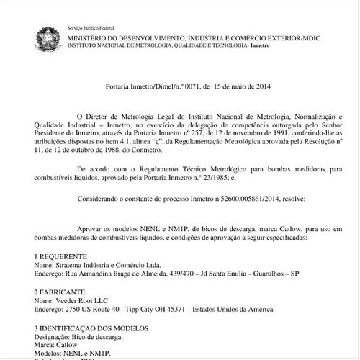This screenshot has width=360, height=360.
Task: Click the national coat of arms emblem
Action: tap(49, 36)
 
